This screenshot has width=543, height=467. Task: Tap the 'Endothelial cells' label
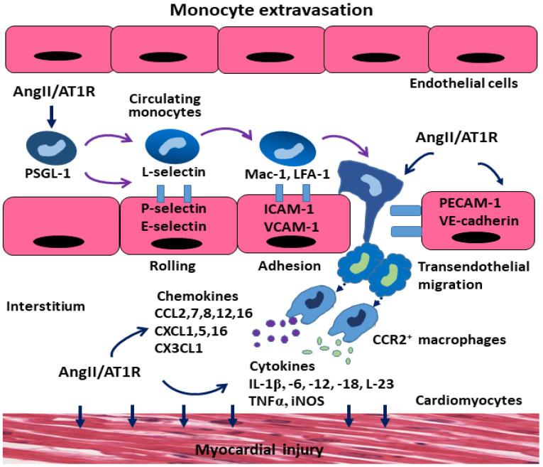462,83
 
